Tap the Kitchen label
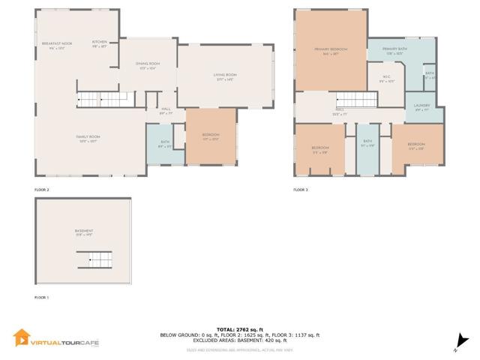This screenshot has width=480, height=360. tap(100, 42)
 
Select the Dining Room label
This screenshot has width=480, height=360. tap(148, 64)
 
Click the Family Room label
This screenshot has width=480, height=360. tap(88, 137)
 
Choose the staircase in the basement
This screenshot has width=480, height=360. tap(94, 259)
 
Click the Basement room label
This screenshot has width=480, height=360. tap(83, 231)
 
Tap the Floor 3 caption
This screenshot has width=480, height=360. tap(300, 190)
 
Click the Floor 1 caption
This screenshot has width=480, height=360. tap(41, 298)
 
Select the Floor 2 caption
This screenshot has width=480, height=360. tap(41, 190)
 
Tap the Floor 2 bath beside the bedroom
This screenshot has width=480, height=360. tap(165, 145)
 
